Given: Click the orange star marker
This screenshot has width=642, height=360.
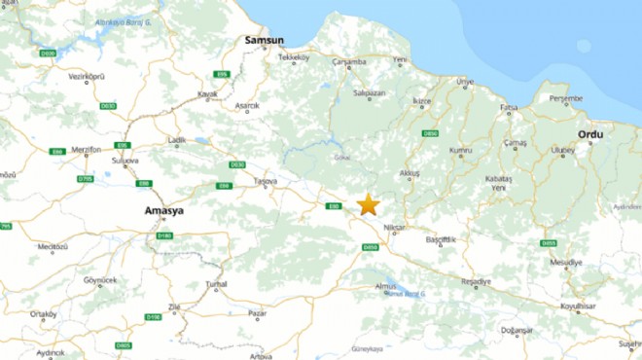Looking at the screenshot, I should [368, 204].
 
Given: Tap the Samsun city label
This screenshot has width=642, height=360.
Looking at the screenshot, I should [264, 41].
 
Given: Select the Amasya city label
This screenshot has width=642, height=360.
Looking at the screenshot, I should [162, 210].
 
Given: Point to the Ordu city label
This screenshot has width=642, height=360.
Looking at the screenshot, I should [590, 134].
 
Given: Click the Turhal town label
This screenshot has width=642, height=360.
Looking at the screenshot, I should [216, 283].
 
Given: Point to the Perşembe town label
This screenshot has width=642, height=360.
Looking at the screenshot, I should [565, 98].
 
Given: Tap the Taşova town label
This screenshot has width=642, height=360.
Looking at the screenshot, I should [265, 181].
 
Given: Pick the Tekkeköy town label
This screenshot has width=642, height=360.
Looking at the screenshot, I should [294, 58].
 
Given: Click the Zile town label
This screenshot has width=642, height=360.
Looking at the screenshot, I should [175, 306].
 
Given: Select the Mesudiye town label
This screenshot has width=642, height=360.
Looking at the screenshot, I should [566, 263].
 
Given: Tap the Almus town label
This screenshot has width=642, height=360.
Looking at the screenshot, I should [386, 286].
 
